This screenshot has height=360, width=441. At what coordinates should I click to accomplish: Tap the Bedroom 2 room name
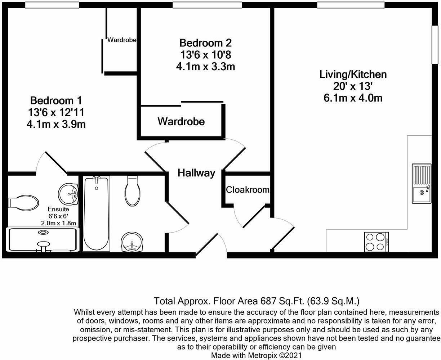[205, 43]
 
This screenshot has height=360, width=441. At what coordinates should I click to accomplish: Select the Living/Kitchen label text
[353, 75]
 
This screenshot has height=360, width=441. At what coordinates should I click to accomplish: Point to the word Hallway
[196, 173]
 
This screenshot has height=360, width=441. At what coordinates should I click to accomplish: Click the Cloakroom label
[248, 189]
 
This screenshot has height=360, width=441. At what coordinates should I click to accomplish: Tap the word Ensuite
[58, 209]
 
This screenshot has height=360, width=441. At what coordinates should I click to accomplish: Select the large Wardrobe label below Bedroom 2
[181, 122]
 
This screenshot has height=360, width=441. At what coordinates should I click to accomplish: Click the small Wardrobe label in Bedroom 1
[122, 40]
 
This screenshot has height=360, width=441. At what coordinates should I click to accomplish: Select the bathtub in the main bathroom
[96, 213]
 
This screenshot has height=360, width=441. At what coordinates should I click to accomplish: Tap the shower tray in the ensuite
[43, 239]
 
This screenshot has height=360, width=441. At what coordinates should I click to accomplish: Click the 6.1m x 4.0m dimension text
[353, 98]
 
